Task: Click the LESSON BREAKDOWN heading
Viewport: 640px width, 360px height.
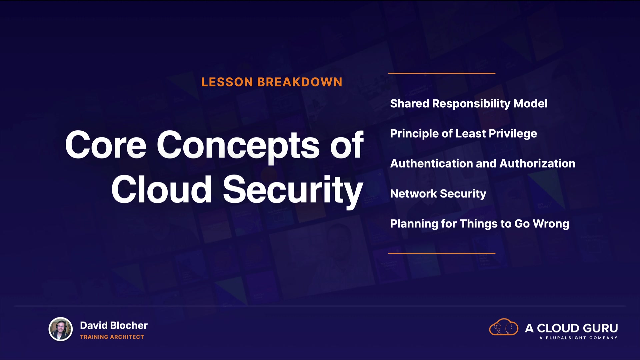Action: [272, 82]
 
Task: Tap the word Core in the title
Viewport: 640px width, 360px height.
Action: [106, 145]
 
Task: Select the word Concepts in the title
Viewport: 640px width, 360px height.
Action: [238, 146]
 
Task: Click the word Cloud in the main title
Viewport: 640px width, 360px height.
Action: [161, 189]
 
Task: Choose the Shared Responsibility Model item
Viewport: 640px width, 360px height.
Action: [469, 103]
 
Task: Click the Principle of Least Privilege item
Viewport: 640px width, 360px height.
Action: [463, 134]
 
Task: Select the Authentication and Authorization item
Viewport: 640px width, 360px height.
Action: [483, 163]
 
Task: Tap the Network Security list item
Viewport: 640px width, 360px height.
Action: [438, 194]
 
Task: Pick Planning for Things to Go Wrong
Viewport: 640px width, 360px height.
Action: [479, 224]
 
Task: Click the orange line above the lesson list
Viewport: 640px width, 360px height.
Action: [442, 73]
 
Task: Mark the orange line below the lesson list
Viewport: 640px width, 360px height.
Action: [442, 253]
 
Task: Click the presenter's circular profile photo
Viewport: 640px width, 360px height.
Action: [61, 329]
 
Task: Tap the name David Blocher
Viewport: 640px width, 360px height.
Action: [114, 325]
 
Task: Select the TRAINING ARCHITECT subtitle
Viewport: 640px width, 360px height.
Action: [112, 337]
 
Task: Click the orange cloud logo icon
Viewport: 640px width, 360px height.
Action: [503, 327]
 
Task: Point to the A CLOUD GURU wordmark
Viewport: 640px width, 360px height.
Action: [571, 328]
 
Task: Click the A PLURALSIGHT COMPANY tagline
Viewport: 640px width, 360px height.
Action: [578, 338]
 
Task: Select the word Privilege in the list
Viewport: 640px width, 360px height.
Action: [513, 134]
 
